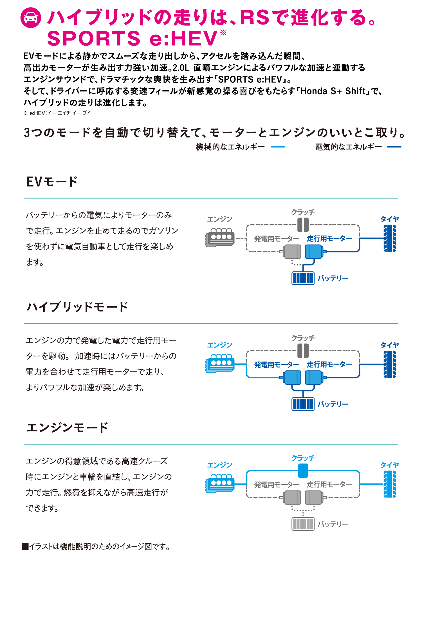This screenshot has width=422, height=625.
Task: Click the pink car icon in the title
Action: [x=31, y=17]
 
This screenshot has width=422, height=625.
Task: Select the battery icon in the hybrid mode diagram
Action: [x=303, y=404]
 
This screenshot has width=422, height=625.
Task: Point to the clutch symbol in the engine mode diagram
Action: [x=303, y=471]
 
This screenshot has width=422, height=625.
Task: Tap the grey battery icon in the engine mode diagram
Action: [x=303, y=524]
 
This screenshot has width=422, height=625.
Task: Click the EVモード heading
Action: [x=52, y=182]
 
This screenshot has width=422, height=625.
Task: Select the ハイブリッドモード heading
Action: [x=77, y=307]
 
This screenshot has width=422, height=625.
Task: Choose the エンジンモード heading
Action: [x=67, y=427]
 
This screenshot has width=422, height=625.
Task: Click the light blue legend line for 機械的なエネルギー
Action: [x=278, y=147]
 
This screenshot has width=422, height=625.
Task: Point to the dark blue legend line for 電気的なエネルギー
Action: [x=394, y=147]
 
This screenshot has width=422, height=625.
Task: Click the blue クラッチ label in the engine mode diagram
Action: [x=303, y=458]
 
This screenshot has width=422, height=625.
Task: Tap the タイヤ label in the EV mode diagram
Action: [x=390, y=219]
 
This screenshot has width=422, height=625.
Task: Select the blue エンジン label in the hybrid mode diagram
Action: [x=220, y=345]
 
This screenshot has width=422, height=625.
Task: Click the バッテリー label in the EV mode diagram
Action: [x=333, y=278]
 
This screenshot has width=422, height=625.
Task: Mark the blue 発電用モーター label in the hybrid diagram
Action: [x=277, y=365]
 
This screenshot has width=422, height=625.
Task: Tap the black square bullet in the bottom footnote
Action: [x=25, y=546]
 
